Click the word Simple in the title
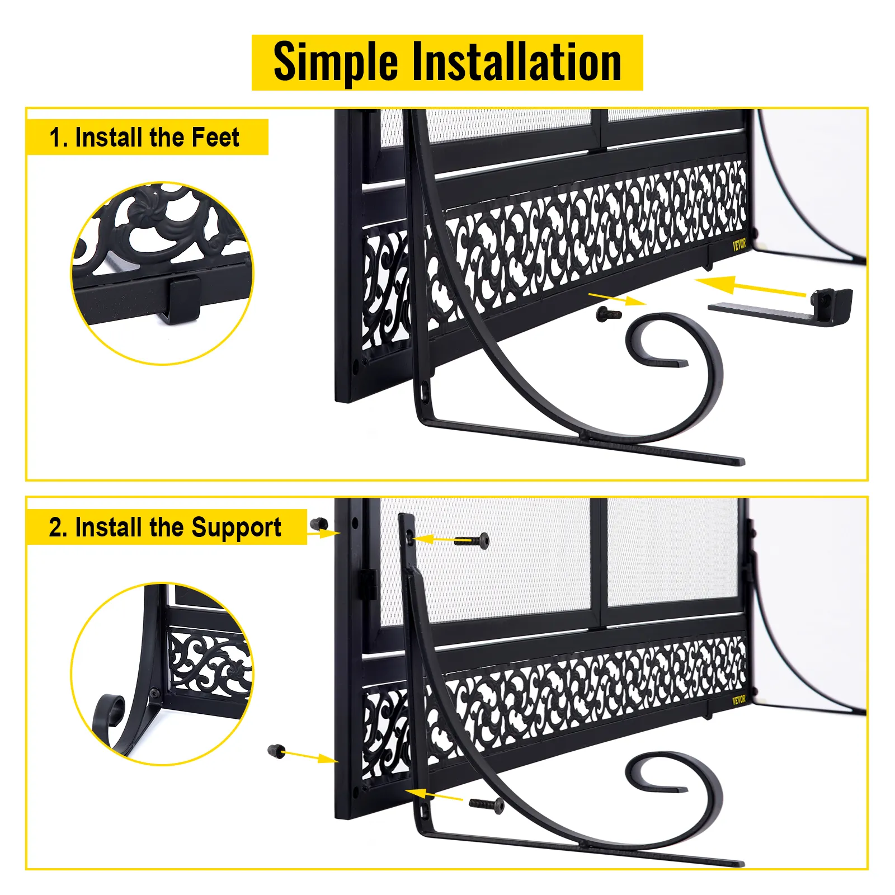tap(336, 63)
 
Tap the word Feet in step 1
tap(215, 137)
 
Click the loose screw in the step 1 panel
tap(609, 314)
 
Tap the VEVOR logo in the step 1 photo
tap(739, 244)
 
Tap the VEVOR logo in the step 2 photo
tap(739, 700)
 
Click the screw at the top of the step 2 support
tap(472, 541)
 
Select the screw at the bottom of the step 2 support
tap(486, 804)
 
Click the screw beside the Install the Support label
tap(319, 524)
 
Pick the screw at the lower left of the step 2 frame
tap(277, 751)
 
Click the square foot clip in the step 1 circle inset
tap(183, 299)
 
